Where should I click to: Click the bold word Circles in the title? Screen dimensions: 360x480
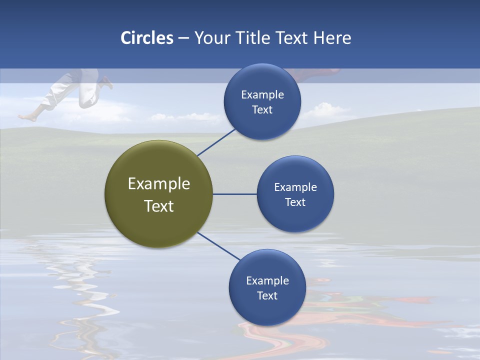[147, 38]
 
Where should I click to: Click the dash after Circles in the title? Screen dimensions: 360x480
[183, 38]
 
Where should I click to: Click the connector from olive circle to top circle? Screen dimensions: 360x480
[217, 142]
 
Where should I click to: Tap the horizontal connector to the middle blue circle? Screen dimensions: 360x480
[234, 194]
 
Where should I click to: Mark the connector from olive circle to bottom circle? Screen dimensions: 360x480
[218, 246]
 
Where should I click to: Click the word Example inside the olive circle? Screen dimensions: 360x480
[159, 184]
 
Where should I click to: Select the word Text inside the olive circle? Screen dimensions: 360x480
[159, 206]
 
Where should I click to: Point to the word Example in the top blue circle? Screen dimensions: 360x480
[262, 95]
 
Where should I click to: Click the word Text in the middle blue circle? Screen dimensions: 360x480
[295, 202]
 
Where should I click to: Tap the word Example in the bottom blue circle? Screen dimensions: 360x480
[267, 281]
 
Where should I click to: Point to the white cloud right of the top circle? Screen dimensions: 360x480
[325, 109]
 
